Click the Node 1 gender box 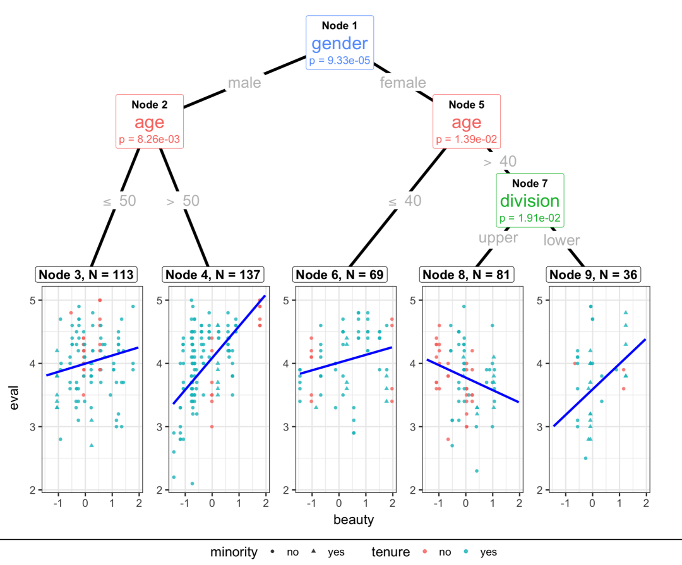tap(340, 42)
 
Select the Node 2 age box tap(150, 121)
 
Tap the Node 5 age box tap(467, 121)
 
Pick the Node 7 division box tap(530, 200)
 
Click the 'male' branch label tap(244, 83)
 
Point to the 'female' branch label tap(403, 83)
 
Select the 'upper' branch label tap(498, 238)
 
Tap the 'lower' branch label tap(561, 241)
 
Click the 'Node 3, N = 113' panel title tap(87, 275)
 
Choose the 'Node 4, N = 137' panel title tap(213, 275)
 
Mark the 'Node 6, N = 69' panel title tap(340, 275)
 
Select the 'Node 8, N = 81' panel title tap(467, 275)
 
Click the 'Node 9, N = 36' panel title tap(594, 275)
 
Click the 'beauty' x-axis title tap(354, 520)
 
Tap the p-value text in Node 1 tap(340, 61)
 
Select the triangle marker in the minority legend tap(314, 552)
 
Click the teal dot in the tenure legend tap(467, 552)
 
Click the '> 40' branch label tap(500, 162)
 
